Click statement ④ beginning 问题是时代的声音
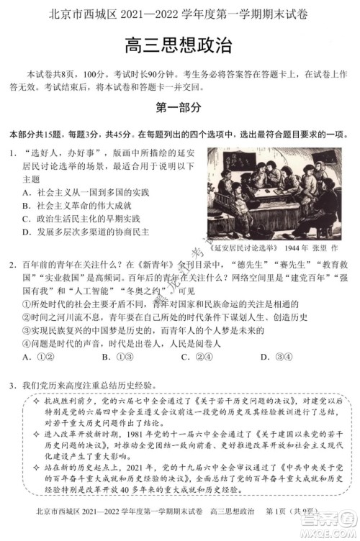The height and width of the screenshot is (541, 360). (x=115, y=343)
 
